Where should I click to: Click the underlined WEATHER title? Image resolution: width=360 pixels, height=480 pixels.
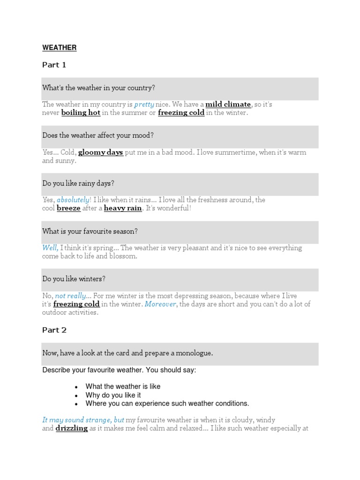[59, 48]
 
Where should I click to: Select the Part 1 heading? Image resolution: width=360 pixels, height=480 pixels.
[54, 65]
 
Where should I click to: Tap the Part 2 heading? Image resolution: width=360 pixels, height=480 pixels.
[54, 330]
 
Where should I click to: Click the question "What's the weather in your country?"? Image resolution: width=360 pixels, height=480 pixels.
[98, 88]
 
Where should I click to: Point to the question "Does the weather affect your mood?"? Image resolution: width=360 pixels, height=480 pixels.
[98, 135]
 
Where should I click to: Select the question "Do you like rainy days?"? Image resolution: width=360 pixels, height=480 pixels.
[78, 183]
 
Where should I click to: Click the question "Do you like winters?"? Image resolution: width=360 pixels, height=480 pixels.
[74, 279]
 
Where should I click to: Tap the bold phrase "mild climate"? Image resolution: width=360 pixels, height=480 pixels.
[228, 105]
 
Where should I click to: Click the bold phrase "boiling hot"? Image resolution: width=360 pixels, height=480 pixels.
[81, 113]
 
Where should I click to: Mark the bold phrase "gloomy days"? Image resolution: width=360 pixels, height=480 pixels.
[100, 152]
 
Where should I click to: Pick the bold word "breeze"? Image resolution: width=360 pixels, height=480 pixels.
[68, 208]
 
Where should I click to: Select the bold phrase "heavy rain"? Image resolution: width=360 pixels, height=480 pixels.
[123, 208]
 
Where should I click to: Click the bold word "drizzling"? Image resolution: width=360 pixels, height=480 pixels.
[72, 428]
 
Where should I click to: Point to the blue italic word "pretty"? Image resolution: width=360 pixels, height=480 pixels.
[144, 105]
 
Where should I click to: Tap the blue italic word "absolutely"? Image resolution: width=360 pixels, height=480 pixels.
[73, 200]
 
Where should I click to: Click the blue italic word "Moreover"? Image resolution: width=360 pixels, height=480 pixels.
[160, 304]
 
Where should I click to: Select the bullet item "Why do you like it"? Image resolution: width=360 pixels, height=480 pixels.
[113, 395]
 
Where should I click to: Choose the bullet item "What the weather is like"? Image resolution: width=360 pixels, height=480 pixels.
[123, 387]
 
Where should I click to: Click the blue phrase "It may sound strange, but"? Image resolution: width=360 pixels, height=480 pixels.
[83, 420]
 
